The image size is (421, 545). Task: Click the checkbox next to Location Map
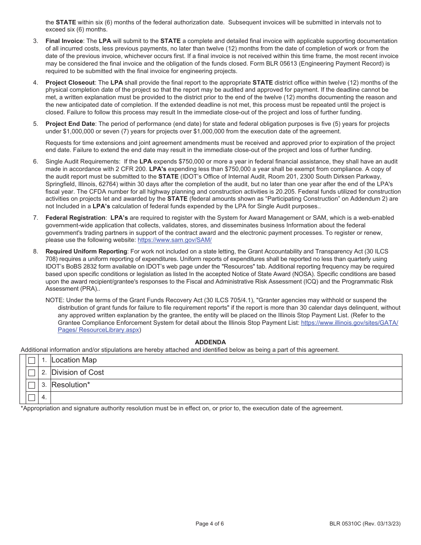31,361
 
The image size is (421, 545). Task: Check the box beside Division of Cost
31,373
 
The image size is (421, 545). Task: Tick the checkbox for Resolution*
31,385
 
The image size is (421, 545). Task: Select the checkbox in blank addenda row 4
31,398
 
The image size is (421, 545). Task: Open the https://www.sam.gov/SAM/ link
175,240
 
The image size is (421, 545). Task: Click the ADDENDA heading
210,342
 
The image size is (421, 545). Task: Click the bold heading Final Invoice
64,41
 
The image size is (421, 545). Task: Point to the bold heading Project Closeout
70,82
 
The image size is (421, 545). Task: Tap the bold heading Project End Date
70,124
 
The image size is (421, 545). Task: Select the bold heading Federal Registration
75,218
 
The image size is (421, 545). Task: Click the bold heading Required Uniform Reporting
86,251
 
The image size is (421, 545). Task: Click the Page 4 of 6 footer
210,523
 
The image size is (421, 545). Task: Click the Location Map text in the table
74,360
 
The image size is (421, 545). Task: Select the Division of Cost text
78,373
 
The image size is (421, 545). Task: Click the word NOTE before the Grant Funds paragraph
54,300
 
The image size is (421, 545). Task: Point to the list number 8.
35,251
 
